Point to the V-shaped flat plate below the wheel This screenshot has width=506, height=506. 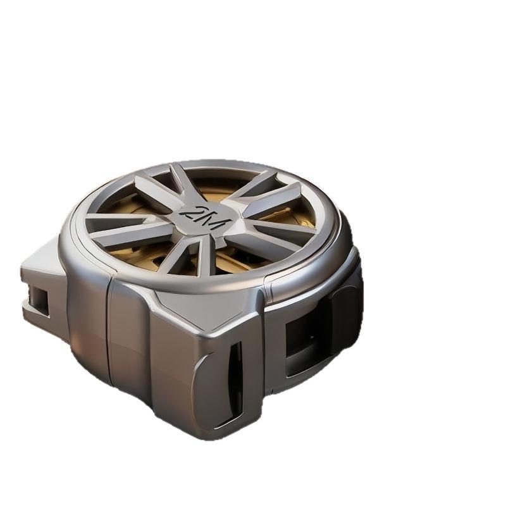point(207,307)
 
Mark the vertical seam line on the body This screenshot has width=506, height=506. point(109,333)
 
